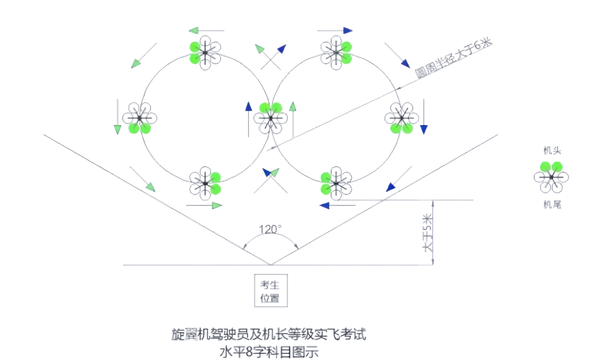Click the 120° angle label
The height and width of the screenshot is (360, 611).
click(270, 229)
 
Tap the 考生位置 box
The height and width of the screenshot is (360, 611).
click(271, 291)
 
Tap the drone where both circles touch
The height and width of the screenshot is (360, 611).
click(270, 117)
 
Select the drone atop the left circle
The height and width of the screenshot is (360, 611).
click(205, 52)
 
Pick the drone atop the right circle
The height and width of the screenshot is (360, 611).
click(336, 52)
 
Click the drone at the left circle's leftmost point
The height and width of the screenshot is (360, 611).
click(139, 118)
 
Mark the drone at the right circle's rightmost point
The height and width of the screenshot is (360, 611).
click(401, 118)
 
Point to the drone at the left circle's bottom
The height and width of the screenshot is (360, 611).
click(205, 183)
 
